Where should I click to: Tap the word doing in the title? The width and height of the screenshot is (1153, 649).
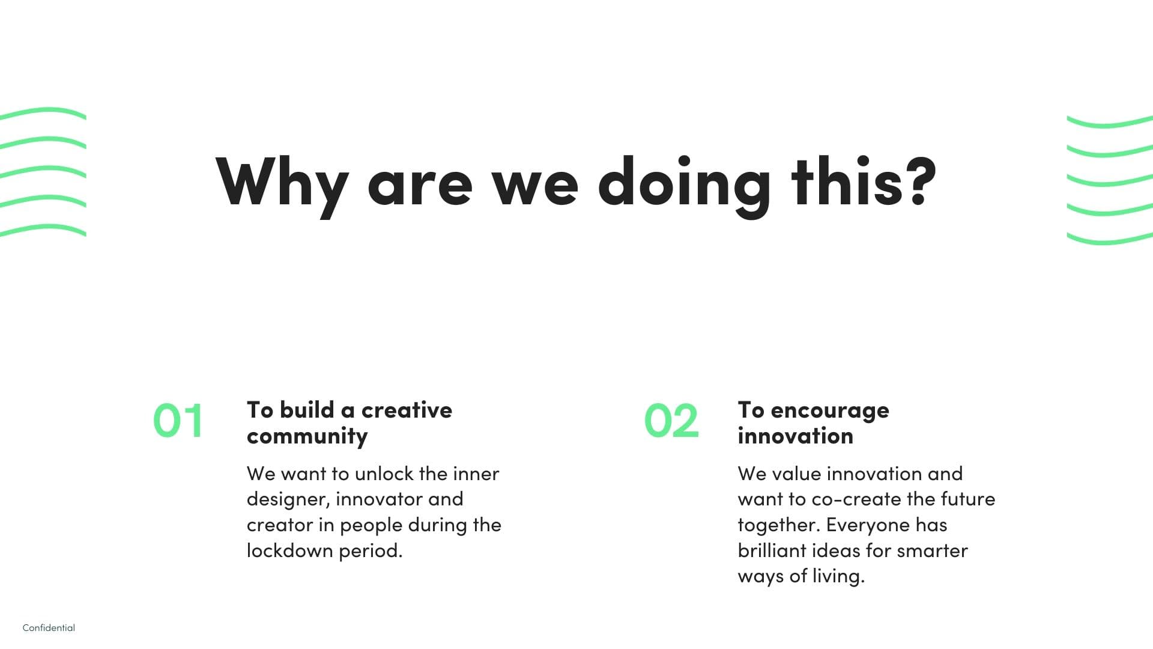click(x=684, y=186)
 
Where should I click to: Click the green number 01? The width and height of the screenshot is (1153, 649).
click(x=178, y=420)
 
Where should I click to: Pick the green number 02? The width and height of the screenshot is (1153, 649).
click(x=671, y=420)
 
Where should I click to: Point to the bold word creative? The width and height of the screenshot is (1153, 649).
click(x=407, y=410)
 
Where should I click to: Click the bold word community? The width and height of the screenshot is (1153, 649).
click(x=307, y=436)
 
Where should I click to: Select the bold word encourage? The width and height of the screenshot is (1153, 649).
click(x=830, y=411)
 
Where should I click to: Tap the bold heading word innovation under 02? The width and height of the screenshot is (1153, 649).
click(x=795, y=436)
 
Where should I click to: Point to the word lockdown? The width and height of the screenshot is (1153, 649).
click(x=290, y=550)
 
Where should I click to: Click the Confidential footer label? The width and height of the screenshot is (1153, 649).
click(x=49, y=628)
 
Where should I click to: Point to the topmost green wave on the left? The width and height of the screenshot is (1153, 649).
click(x=43, y=112)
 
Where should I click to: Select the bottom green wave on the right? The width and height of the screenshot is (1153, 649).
click(x=1110, y=239)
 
